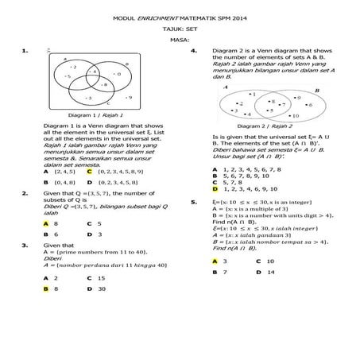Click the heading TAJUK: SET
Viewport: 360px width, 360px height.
180,27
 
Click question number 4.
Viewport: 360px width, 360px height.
194,49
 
